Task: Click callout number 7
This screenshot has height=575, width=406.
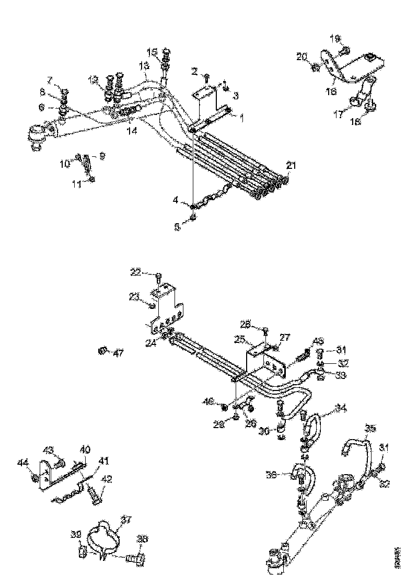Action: tap(50, 80)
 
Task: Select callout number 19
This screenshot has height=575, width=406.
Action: tap(334, 38)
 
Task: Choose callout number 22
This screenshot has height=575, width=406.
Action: tap(135, 271)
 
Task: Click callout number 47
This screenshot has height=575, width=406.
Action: tap(119, 354)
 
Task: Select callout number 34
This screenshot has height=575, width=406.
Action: tap(341, 407)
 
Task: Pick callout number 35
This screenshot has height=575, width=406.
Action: tap(369, 429)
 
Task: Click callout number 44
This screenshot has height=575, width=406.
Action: tap(23, 462)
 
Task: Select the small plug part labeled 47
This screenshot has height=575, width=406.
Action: tap(103, 350)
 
